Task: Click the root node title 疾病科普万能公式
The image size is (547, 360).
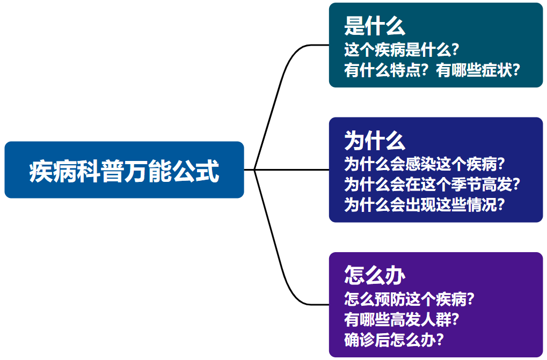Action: point(124,171)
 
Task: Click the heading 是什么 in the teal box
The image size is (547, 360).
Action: point(375,26)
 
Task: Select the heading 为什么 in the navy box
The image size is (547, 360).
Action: point(375,141)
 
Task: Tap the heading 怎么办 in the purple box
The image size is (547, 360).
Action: point(375,275)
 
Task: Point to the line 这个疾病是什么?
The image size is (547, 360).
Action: point(401,50)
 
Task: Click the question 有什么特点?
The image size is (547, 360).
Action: point(386,70)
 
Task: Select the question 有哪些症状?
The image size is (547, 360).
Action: point(478,70)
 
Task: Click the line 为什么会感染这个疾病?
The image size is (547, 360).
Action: point(425,164)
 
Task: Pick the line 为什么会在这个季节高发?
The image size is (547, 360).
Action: point(432,185)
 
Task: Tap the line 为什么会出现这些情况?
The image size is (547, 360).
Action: point(425,204)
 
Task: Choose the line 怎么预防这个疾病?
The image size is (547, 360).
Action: point(409,299)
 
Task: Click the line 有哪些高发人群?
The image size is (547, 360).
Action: point(401,319)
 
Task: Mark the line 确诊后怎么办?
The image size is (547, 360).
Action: point(394,340)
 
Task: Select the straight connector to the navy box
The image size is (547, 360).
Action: point(287,170)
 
